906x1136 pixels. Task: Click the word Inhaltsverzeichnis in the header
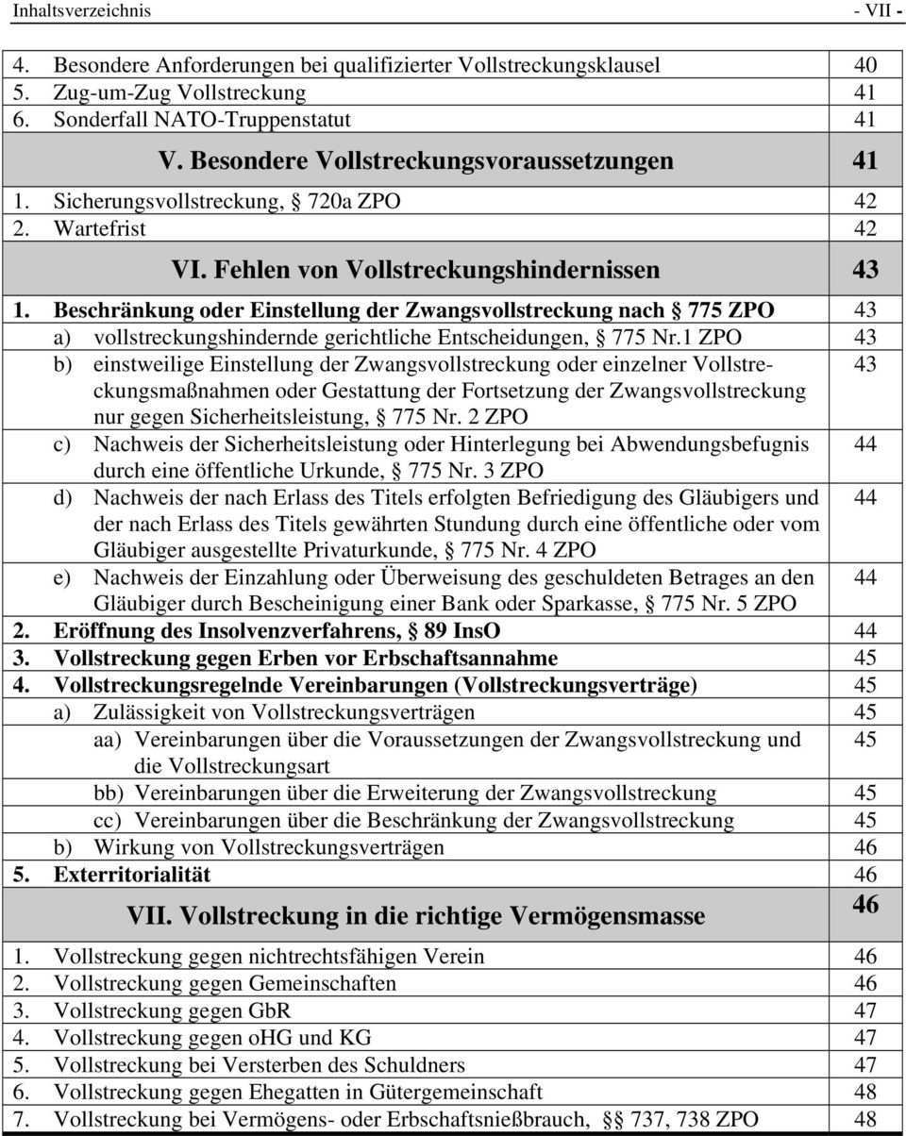pos(81,11)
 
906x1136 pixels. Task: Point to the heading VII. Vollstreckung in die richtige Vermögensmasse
pos(415,915)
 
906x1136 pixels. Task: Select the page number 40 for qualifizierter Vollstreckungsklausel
pos(865,65)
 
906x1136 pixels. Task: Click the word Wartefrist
pos(99,228)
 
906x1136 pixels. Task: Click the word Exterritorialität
pos(132,875)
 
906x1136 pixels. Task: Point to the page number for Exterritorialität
pos(865,875)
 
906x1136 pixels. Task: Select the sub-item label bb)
pos(111,794)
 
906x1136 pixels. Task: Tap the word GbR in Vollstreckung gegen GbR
pos(269,1011)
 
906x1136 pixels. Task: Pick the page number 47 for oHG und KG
pos(865,1038)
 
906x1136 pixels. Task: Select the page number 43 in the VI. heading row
pos(865,270)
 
